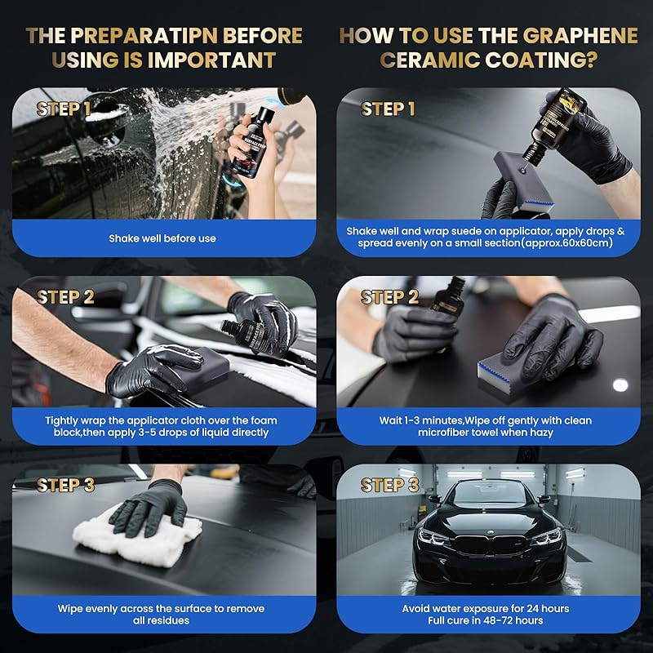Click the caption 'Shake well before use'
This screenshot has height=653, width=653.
[x=163, y=239]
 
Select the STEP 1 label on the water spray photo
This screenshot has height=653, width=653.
[x=69, y=109]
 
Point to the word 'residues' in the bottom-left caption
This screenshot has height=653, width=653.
[x=167, y=621]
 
